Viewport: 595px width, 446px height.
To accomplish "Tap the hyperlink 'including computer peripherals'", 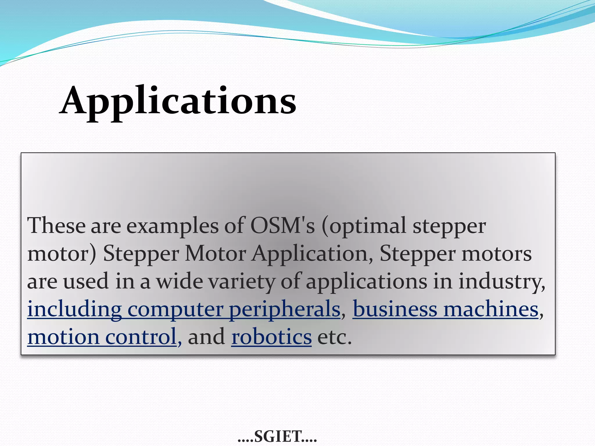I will coord(184,310).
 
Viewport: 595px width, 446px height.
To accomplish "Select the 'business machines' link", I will coord(445,310).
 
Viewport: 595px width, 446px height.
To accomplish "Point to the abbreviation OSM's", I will coord(282,226).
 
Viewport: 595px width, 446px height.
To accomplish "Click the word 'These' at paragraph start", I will coord(56,226).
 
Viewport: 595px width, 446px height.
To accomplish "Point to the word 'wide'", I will coord(180,281).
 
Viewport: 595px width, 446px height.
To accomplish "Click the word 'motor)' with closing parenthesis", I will coord(62,254).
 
